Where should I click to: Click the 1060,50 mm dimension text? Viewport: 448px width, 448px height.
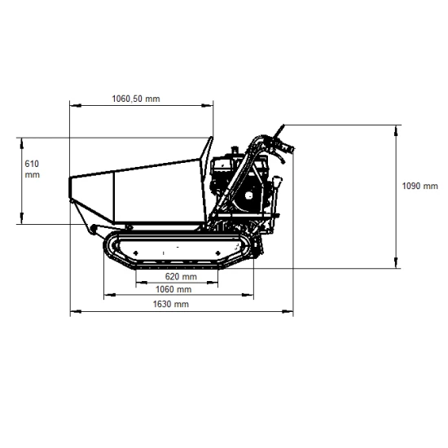(x=136, y=99)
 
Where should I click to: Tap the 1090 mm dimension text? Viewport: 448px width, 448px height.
(x=420, y=186)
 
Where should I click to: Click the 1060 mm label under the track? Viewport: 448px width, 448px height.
(x=173, y=289)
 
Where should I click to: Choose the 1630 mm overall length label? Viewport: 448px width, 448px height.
(x=170, y=304)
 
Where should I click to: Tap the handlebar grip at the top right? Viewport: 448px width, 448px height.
(x=286, y=148)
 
